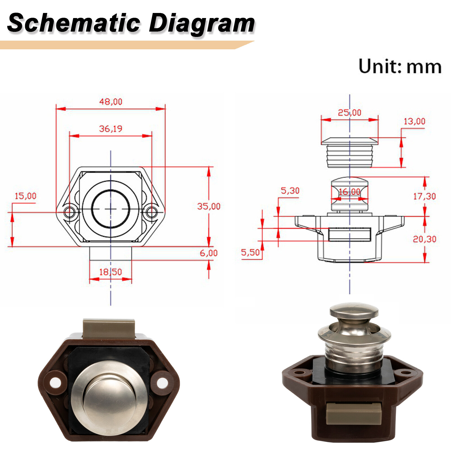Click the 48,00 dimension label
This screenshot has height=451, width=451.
tap(111, 101)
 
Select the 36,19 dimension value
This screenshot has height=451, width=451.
tap(111, 129)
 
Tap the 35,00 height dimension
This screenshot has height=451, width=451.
tap(209, 206)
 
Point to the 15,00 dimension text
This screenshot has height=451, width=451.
tap(25, 196)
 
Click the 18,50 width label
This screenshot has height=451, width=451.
tap(110, 272)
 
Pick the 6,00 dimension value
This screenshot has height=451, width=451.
tap(209, 253)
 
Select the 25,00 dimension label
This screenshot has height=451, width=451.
tap(350, 113)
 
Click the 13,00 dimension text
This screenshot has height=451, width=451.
tap(414, 121)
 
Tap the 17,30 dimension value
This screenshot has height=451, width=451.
tap(425, 196)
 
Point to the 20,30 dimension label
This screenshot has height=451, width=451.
tap(425, 239)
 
